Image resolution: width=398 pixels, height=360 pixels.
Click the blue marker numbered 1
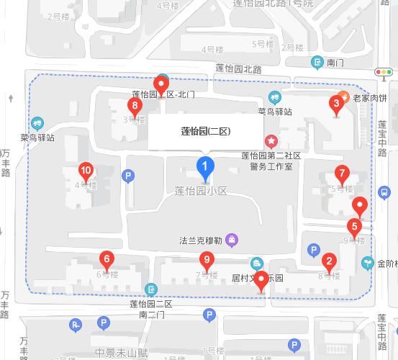click(205, 168)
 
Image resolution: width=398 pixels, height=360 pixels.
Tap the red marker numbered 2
click(329, 261)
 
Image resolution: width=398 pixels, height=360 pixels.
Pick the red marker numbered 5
click(353, 226)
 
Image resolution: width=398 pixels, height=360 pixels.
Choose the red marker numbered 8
click(134, 107)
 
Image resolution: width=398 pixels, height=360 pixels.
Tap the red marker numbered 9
click(207, 260)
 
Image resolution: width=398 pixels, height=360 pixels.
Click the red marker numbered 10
click(86, 171)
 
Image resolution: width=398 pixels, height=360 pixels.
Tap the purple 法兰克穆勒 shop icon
click(232, 239)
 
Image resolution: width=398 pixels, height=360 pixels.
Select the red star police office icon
click(271, 140)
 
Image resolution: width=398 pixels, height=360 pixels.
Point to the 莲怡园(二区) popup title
click(205, 131)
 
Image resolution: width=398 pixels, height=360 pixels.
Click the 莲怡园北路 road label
click(238, 69)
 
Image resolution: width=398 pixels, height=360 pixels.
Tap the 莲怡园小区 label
click(201, 191)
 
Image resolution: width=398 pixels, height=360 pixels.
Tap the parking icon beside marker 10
click(129, 176)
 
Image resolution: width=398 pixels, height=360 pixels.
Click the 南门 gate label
click(336, 63)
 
